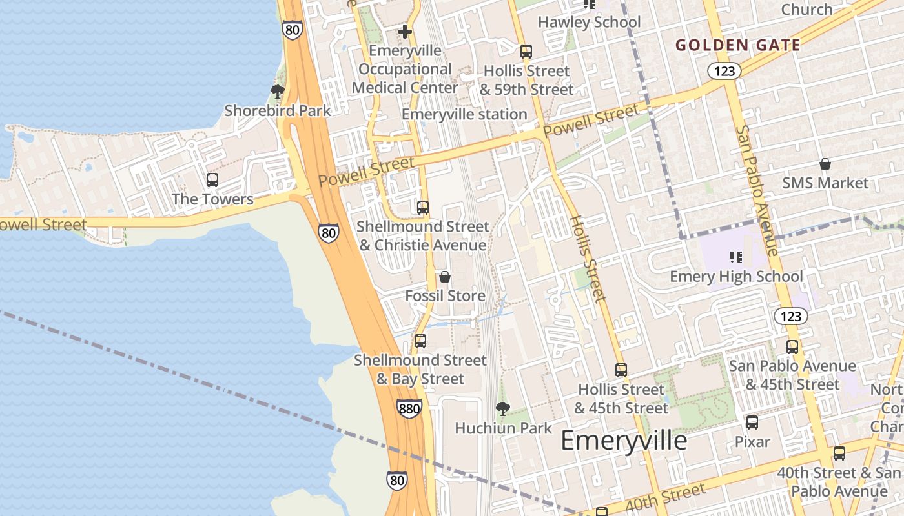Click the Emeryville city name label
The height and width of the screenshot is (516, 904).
click(x=624, y=441)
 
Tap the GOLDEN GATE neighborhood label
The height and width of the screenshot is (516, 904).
click(x=738, y=45)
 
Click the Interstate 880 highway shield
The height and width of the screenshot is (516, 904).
click(x=409, y=408)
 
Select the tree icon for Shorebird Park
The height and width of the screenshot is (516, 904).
click(x=278, y=91)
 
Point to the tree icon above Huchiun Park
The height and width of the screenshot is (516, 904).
click(x=502, y=408)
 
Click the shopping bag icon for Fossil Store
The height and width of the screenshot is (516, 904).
click(x=445, y=277)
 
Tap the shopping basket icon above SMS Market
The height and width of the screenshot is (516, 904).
click(x=825, y=163)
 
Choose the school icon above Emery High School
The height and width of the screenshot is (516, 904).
click(x=735, y=257)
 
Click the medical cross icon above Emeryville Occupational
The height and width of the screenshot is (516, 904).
click(x=405, y=31)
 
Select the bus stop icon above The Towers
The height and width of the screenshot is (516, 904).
click(x=212, y=180)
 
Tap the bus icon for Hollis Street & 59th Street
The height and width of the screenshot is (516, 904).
click(x=526, y=51)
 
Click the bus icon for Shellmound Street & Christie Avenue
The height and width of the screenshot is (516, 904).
click(x=423, y=207)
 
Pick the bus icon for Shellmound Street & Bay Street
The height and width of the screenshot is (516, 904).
click(x=420, y=341)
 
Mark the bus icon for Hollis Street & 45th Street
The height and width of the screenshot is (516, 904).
click(x=621, y=370)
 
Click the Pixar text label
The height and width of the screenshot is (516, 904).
click(x=752, y=442)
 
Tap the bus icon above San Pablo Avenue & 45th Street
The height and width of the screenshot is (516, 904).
click(x=792, y=346)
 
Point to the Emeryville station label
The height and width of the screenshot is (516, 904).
click(x=464, y=114)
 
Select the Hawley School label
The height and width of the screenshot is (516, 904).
click(x=589, y=22)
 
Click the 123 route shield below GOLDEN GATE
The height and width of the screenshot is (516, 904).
click(x=724, y=71)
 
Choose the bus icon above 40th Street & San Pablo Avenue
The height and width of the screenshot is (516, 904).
click(x=839, y=453)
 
